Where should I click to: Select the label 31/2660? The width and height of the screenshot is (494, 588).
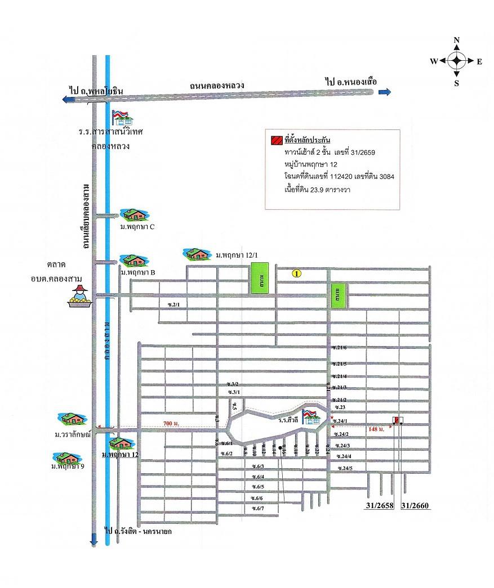point(416,506)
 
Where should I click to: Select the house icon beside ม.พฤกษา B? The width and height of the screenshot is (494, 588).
point(134,260)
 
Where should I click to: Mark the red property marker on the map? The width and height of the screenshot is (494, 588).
point(396,420)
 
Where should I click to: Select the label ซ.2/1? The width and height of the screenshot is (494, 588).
point(173,304)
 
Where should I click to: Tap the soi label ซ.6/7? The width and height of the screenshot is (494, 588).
point(258,509)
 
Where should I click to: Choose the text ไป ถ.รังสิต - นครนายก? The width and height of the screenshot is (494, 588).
point(138,531)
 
